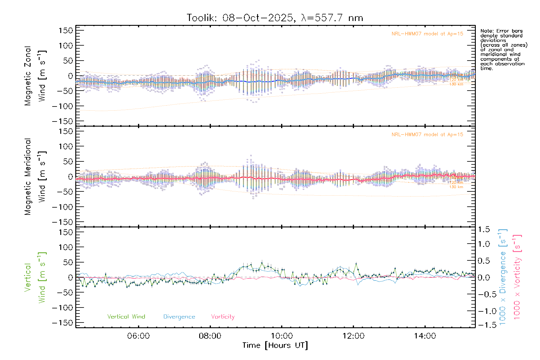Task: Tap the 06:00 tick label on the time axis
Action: coord(138,336)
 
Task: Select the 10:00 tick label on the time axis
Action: coord(282,336)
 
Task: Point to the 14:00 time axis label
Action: coord(425,336)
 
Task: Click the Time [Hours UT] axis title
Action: coord(275,346)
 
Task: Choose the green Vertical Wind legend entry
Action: coord(126,317)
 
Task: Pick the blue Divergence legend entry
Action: coord(179,317)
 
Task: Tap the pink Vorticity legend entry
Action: coord(223,317)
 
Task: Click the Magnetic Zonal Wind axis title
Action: coord(35,76)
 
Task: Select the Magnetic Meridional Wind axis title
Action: coord(35,177)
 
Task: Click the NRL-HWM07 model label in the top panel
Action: coord(427,34)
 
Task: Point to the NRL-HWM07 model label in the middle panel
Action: coord(427,135)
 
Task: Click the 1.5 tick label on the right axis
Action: coord(484,229)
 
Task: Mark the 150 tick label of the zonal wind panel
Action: coord(66,31)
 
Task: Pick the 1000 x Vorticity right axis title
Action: coord(517,277)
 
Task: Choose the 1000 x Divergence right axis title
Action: coord(503,277)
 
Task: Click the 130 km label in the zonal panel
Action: coord(456,84)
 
